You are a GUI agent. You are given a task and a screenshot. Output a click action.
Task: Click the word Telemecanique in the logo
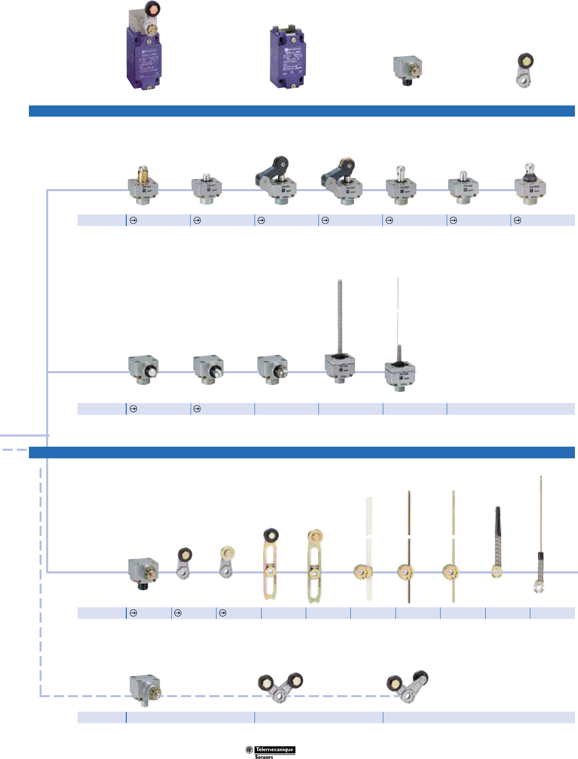(274, 749)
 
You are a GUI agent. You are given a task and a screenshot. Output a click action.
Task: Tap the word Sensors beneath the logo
(264, 756)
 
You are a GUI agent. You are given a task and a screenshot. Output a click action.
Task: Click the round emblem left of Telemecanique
(249, 750)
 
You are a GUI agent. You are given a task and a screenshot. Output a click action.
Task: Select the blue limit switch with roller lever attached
(143, 51)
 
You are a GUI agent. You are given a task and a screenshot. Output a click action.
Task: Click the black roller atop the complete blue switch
(151, 8)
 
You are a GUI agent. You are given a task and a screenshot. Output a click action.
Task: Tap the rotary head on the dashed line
(145, 690)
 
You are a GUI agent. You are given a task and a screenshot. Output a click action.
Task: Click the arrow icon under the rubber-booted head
(517, 221)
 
